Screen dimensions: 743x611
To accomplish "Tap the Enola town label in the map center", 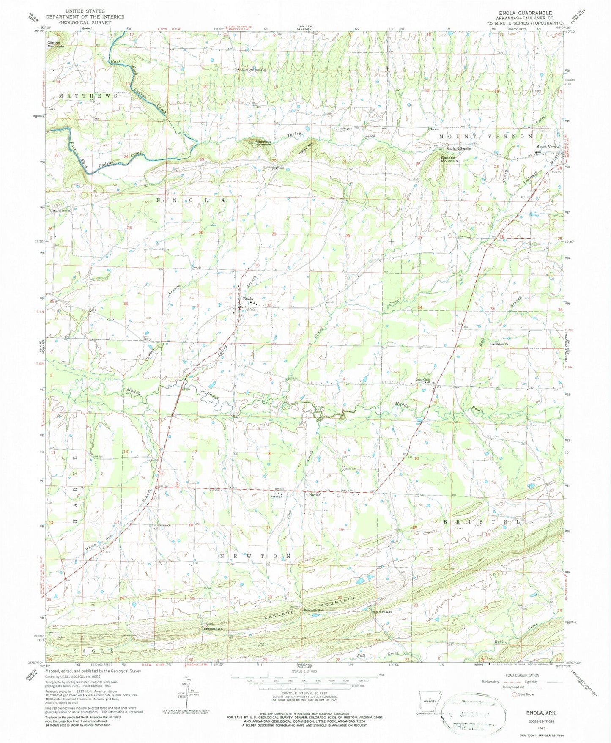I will click(248, 299).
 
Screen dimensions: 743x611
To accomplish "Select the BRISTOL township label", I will click(482, 522).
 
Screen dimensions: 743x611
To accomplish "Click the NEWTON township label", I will click(256, 556).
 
